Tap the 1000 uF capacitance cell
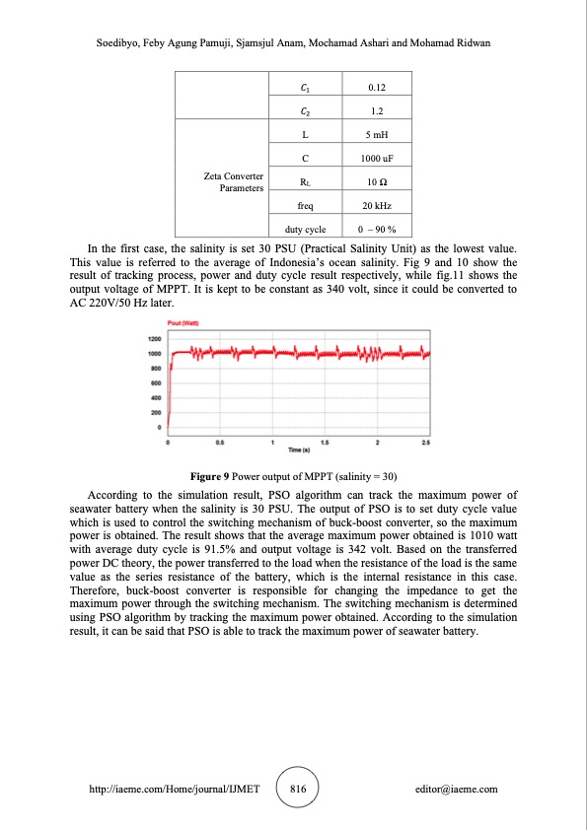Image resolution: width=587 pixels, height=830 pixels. click(x=361, y=158)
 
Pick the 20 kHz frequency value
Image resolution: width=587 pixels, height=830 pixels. click(x=361, y=205)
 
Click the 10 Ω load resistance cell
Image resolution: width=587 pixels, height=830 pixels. click(x=361, y=181)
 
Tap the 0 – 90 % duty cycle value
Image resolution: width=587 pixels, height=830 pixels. click(x=361, y=229)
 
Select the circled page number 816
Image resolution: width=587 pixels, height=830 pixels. click(x=293, y=790)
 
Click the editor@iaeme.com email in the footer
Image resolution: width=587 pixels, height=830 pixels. click(x=457, y=790)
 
